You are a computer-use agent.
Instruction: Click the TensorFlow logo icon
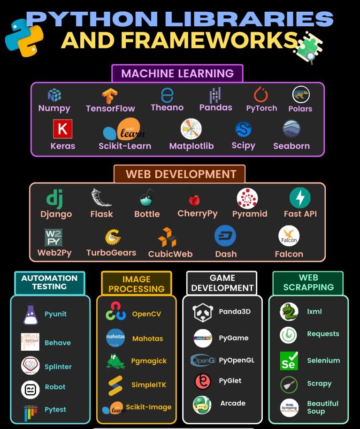click(110, 96)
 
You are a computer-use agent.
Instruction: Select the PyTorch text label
click(261, 108)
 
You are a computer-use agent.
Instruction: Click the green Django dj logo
click(56, 198)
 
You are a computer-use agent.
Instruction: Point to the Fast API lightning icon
click(300, 198)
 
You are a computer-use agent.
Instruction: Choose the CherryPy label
click(198, 213)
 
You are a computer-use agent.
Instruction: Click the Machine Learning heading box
click(177, 73)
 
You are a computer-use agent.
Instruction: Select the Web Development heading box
click(180, 174)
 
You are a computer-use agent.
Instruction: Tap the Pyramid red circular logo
click(247, 198)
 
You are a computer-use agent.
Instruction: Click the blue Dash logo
click(225, 236)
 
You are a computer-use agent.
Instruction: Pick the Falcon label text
click(289, 254)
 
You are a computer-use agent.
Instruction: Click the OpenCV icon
click(115, 312)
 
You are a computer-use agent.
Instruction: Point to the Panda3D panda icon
click(203, 313)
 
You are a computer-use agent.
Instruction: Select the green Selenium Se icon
click(289, 361)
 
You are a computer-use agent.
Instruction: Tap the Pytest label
click(55, 409)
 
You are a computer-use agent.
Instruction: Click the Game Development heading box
click(222, 283)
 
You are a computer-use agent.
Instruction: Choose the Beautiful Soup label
click(322, 407)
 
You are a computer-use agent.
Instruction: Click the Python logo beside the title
click(24, 38)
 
